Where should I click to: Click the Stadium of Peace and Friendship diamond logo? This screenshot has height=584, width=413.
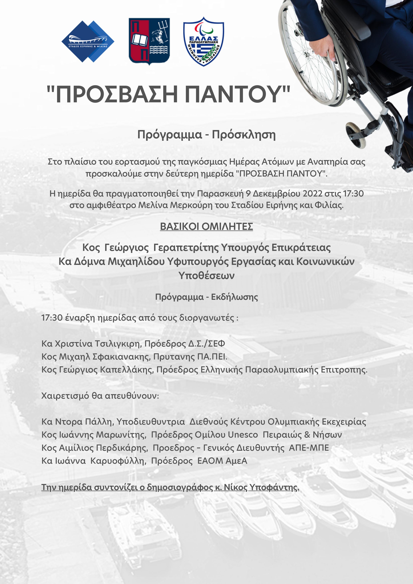tap(88, 41)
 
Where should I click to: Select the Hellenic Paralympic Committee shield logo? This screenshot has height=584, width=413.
tap(204, 41)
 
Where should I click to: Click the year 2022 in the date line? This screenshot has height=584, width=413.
tap(313, 194)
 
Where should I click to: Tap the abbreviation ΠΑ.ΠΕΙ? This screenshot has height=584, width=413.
tap(212, 357)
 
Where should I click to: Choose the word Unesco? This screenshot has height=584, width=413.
tap(243, 435)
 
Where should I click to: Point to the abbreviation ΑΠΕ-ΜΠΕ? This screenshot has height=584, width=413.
tap(309, 448)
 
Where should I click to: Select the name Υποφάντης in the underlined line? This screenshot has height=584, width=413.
tap(274, 487)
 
